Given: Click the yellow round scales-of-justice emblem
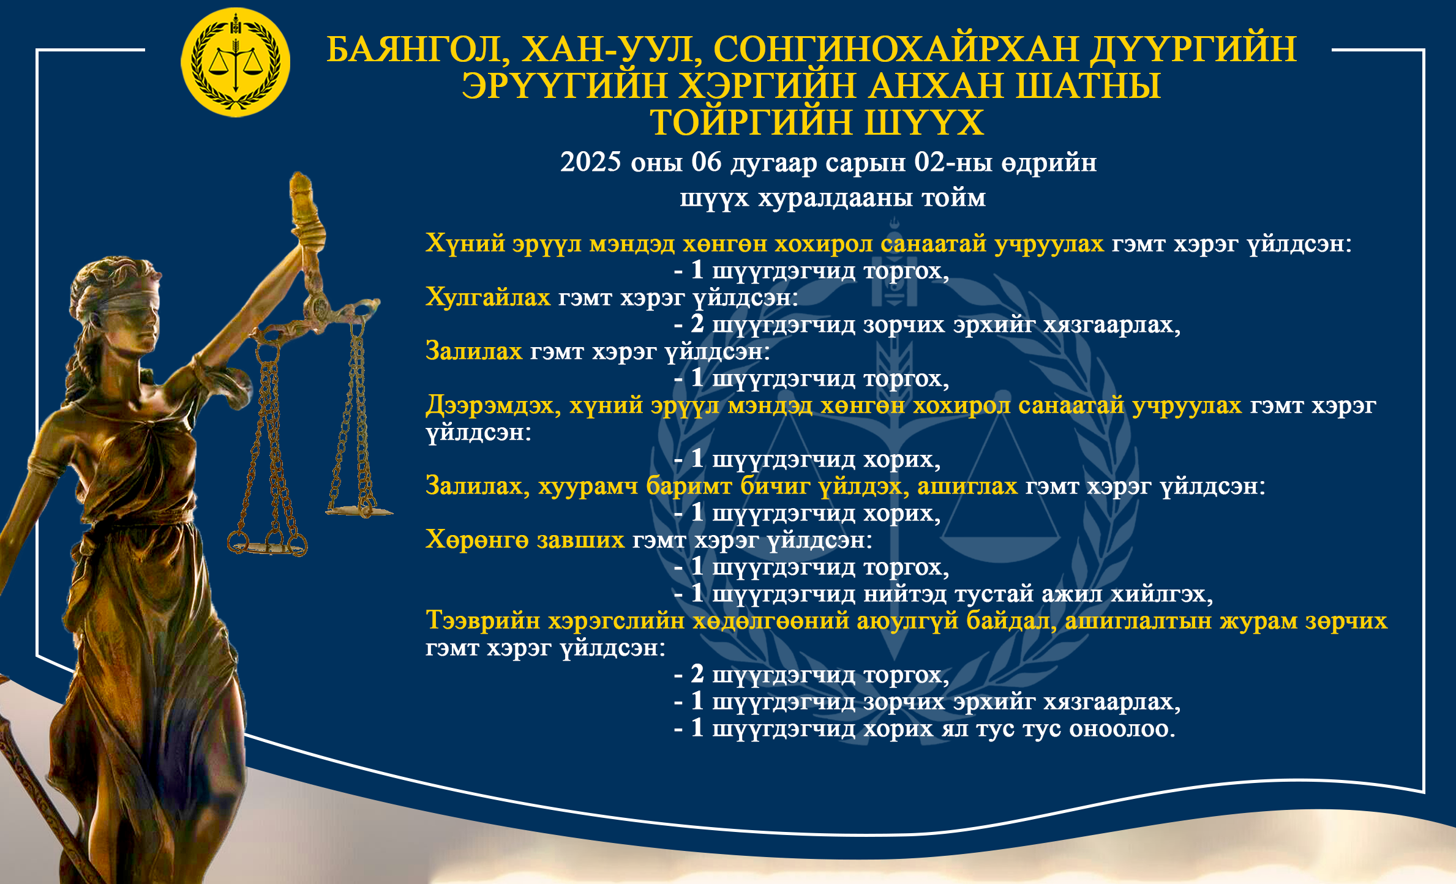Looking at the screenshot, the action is coord(236,62).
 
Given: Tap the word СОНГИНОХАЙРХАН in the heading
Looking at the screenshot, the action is coord(896,49).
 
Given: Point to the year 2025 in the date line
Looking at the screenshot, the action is coord(590,162).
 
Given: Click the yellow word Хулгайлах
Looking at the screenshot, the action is coord(488,298).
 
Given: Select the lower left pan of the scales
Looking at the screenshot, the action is coord(268,544).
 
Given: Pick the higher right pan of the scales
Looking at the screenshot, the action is coord(359,509).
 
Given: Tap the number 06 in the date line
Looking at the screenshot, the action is coord(707,162).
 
